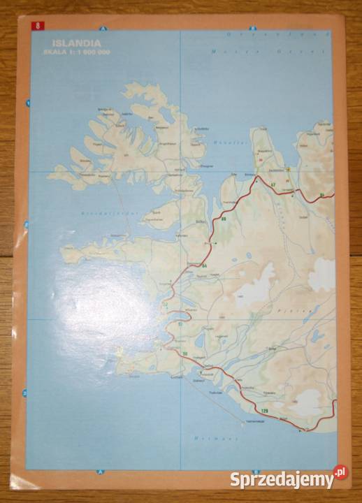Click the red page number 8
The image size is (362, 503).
point(37,26)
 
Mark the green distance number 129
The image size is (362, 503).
point(264,409)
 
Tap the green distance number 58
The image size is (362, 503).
point(185,354)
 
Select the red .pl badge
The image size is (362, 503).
point(340,473)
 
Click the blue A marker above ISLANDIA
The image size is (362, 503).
point(102,29)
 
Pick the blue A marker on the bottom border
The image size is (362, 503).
point(100,472)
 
